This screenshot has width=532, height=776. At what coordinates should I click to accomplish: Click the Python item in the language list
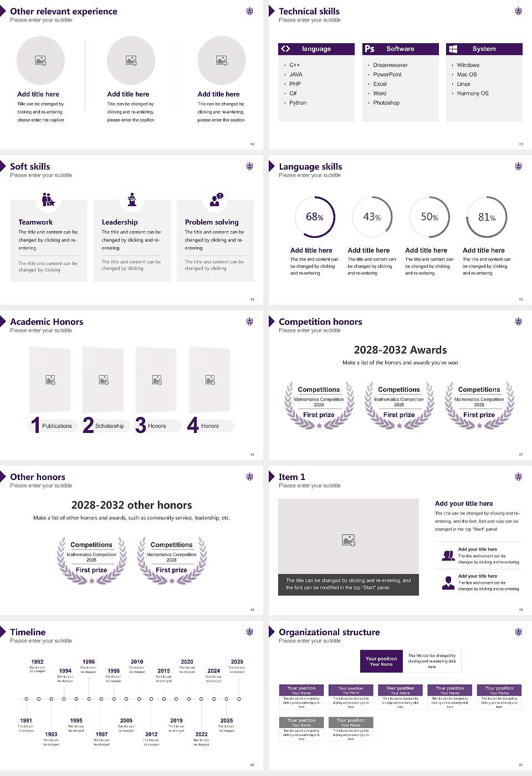click(298, 103)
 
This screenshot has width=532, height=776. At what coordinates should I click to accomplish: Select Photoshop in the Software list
click(386, 103)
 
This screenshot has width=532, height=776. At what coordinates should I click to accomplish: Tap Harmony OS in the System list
click(473, 93)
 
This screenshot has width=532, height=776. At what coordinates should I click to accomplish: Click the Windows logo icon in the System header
click(453, 49)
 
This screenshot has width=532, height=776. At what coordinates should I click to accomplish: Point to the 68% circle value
click(314, 217)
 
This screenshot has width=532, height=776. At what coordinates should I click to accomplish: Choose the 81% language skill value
click(487, 217)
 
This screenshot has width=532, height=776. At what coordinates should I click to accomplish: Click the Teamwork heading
click(35, 222)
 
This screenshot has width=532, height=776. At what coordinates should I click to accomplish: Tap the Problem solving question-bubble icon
click(215, 200)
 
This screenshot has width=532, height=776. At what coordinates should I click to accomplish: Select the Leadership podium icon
click(132, 200)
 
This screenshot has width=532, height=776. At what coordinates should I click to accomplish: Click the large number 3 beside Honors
click(141, 425)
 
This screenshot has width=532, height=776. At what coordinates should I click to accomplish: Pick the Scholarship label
click(109, 426)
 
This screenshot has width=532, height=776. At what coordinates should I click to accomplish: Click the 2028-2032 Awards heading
click(400, 350)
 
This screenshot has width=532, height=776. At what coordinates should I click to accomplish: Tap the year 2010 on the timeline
click(137, 661)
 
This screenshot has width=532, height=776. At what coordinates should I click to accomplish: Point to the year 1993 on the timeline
click(51, 734)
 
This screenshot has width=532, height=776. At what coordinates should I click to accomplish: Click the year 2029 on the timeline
click(237, 661)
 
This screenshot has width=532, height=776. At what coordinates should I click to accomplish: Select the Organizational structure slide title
click(329, 632)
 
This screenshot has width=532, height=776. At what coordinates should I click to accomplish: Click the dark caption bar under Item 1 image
click(348, 584)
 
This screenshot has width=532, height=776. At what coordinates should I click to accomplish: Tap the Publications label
click(57, 426)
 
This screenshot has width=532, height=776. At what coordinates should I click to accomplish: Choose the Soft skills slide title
click(30, 166)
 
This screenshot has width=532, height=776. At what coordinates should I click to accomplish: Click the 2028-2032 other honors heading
click(131, 505)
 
